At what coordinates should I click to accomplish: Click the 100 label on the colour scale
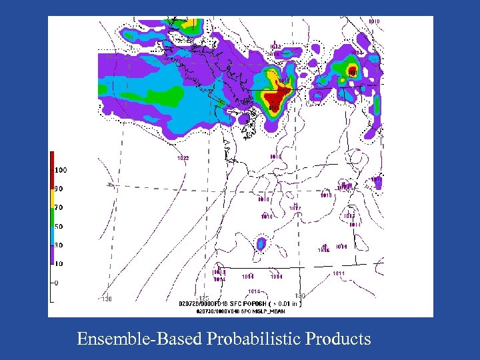coord(61,170)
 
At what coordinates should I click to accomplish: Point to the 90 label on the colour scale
coord(59,189)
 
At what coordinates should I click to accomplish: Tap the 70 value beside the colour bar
coord(59,207)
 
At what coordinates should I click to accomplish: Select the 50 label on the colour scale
coord(59,227)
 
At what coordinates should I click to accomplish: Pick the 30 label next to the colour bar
coord(59,245)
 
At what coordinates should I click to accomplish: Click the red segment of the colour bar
coord(51,170)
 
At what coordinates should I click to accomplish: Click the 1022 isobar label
coord(183,158)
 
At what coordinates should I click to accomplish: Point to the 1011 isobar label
coord(339,273)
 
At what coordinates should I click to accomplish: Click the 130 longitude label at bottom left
coord(107,299)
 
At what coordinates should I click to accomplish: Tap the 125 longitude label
coord(204,297)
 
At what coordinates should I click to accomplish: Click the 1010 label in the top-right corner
coord(374,21)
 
